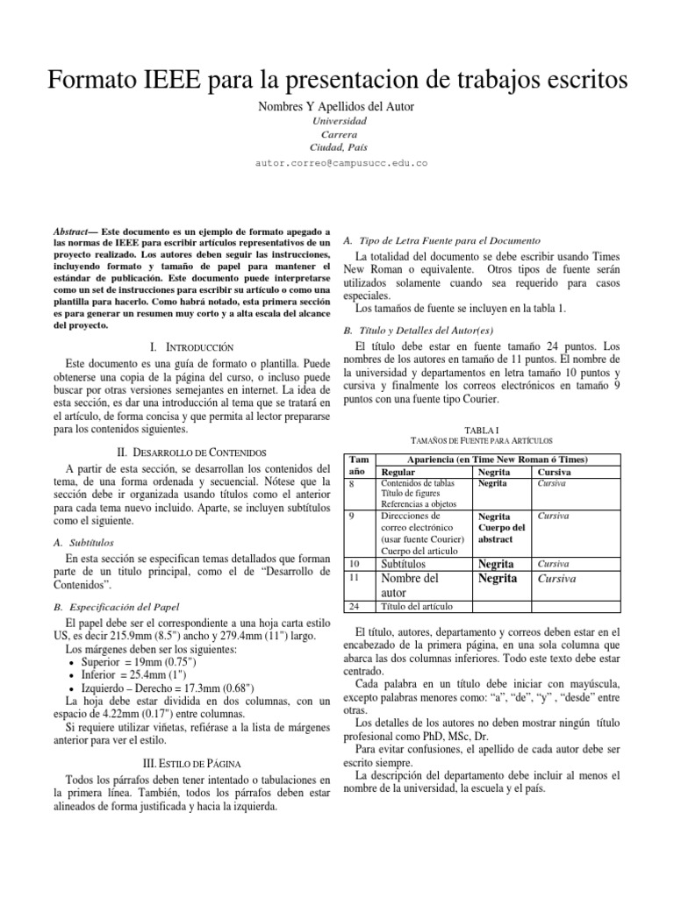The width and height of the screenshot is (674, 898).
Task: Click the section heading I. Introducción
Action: coord(192,348)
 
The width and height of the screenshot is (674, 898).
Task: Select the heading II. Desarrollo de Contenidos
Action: coord(192,451)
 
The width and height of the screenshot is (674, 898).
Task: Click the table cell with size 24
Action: coord(355,606)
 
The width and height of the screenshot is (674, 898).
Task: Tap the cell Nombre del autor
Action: coord(409,585)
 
